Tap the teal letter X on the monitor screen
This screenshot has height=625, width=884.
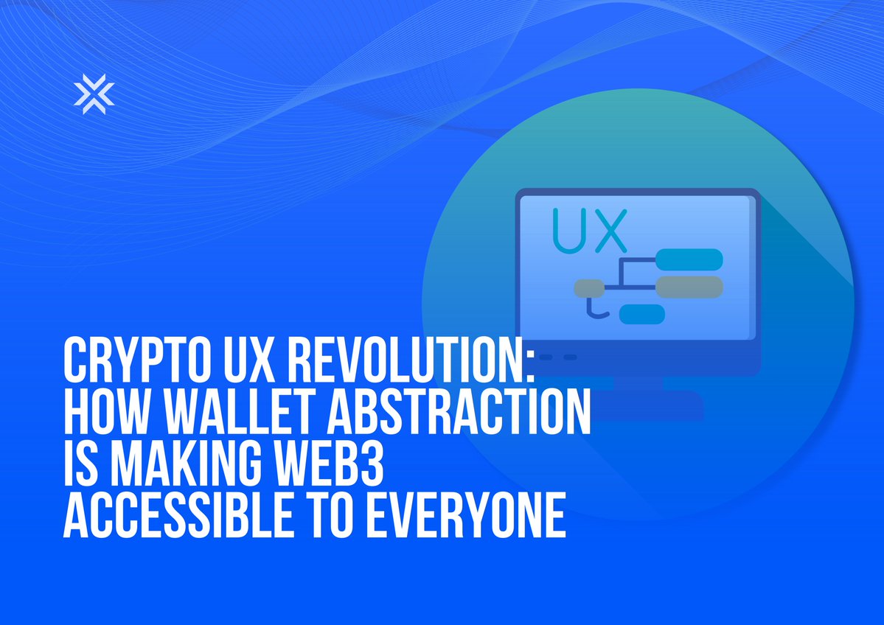point(608,230)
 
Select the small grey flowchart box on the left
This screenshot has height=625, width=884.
point(588,287)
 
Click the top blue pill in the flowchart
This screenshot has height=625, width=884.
point(689,259)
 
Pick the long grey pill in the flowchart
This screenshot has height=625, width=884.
point(689,286)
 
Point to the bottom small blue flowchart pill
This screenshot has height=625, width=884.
point(641,314)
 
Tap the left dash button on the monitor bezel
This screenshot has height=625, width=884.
point(545,357)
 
